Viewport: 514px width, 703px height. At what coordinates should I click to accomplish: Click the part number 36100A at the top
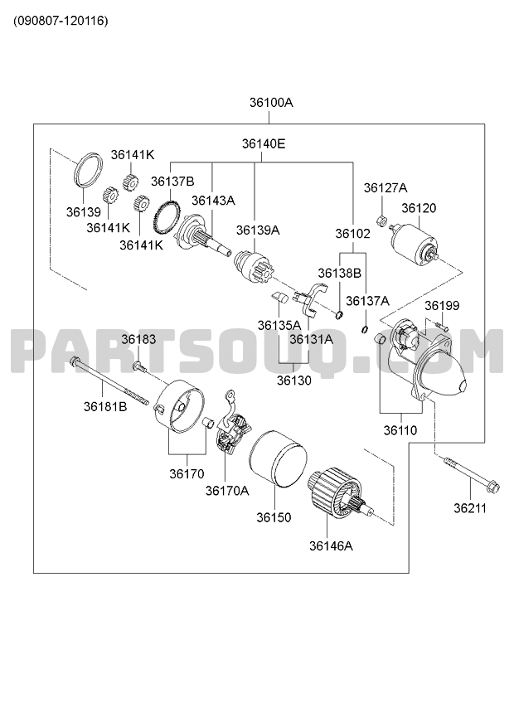[x=271, y=103]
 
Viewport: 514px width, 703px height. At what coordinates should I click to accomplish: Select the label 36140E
[x=264, y=144]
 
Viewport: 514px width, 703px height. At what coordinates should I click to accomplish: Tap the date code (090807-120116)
[x=61, y=21]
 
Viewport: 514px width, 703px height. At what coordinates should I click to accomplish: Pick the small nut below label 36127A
[x=381, y=221]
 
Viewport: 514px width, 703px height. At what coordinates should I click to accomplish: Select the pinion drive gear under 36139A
[x=253, y=267]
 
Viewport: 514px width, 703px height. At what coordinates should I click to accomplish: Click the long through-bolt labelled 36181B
[x=109, y=381]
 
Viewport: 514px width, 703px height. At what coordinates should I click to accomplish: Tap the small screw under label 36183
[x=139, y=366]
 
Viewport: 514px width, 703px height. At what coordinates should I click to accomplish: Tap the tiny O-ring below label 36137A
[x=365, y=330]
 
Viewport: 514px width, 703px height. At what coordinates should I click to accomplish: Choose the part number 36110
[x=400, y=431]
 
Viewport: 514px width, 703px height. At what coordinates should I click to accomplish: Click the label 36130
[x=293, y=381]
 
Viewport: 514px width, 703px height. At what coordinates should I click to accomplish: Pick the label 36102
[x=353, y=234]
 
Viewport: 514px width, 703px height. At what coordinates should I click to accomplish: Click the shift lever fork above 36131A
[x=310, y=298]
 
